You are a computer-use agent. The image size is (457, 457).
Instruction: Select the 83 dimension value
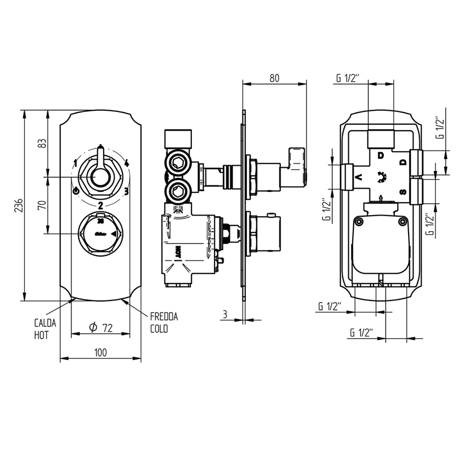pyautogui.click(x=42, y=143)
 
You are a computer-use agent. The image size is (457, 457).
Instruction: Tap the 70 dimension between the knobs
pyautogui.click(x=42, y=205)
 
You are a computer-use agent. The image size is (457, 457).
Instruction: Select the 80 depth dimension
pyautogui.click(x=274, y=77)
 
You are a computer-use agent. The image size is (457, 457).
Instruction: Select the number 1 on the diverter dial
pyautogui.click(x=76, y=163)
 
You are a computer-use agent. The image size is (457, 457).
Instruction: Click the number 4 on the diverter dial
pyautogui.click(x=126, y=163)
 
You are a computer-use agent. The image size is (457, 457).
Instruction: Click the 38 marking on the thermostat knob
pyautogui.click(x=100, y=220)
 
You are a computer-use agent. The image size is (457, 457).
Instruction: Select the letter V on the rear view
pyautogui.click(x=359, y=176)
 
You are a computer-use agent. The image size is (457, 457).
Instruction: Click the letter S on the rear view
pyautogui.click(x=402, y=192)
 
